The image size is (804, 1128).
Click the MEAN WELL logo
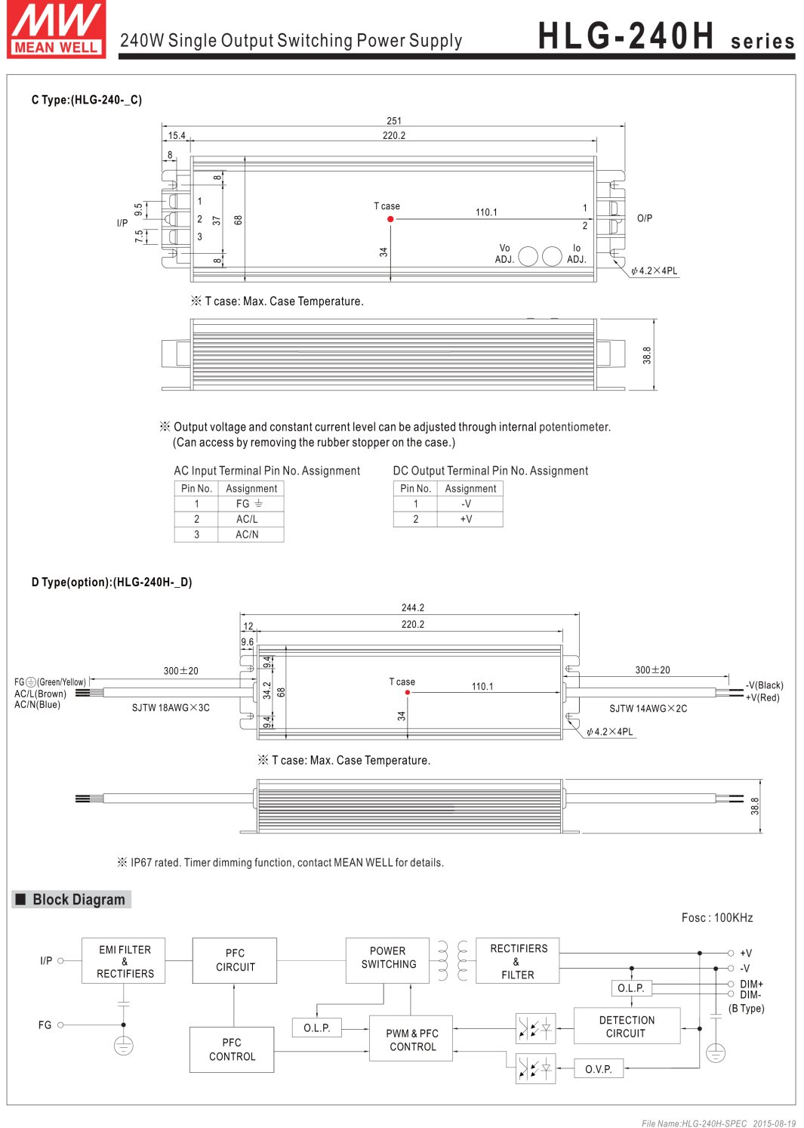pyautogui.click(x=57, y=29)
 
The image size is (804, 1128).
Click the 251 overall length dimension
pyautogui.click(x=394, y=121)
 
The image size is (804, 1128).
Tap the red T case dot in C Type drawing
pyautogui.click(x=390, y=219)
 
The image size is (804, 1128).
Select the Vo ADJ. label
pyautogui.click(x=505, y=254)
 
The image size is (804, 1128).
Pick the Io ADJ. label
pyautogui.click(x=577, y=254)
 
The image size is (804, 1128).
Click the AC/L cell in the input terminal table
pyautogui.click(x=247, y=519)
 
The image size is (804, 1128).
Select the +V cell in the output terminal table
pyautogui.click(x=467, y=519)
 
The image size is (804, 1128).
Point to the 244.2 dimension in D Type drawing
pyautogui.click(x=412, y=607)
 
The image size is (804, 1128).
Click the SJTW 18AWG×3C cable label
pyautogui.click(x=171, y=708)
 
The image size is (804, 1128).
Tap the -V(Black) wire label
pyautogui.click(x=765, y=685)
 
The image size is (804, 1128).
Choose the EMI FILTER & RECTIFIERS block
pyautogui.click(x=124, y=961)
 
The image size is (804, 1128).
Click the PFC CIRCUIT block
pyautogui.click(x=235, y=960)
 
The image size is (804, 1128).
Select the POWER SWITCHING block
pyautogui.click(x=388, y=958)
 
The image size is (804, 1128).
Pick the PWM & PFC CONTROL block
pyautogui.click(x=411, y=1040)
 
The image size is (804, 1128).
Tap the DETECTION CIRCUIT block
pyautogui.click(x=627, y=1027)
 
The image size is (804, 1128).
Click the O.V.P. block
pyautogui.click(x=599, y=1069)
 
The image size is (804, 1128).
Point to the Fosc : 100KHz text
pyautogui.click(x=717, y=918)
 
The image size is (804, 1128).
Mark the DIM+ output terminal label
pyautogui.click(x=751, y=984)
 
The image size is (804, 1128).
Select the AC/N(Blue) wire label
pyautogui.click(x=38, y=705)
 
